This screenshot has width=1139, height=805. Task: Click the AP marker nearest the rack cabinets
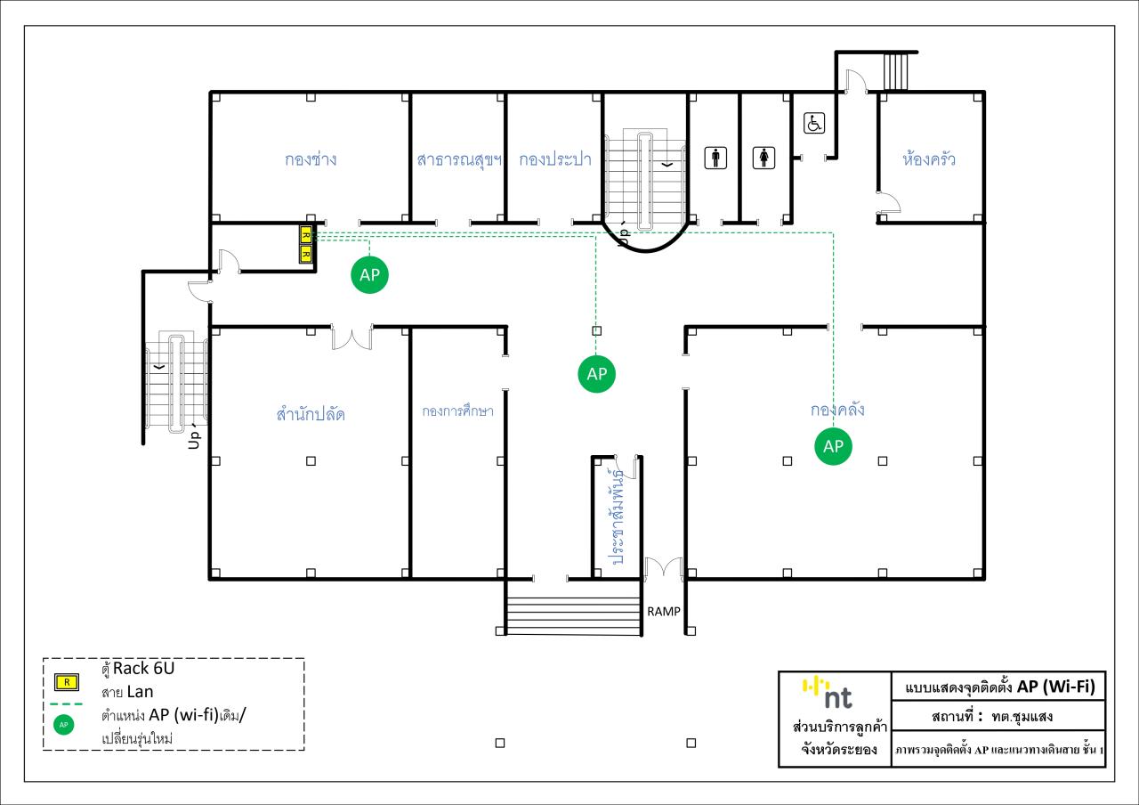tap(369, 275)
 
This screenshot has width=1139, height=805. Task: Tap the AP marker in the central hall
tap(596, 374)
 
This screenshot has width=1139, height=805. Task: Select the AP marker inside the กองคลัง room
tap(833, 446)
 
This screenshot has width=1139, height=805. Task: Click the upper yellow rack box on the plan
tap(305, 236)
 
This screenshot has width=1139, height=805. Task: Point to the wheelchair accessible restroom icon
tap(814, 123)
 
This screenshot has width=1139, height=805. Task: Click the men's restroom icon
tap(715, 158)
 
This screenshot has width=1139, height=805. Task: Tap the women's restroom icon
tap(763, 158)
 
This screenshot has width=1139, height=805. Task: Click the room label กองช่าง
tap(311, 159)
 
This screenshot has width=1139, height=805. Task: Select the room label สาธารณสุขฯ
tap(459, 159)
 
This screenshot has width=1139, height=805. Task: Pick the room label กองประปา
tap(555, 159)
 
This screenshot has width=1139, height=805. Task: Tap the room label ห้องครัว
tap(928, 159)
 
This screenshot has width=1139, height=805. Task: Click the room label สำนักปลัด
tap(311, 413)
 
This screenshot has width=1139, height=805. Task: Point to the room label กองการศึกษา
tap(457, 411)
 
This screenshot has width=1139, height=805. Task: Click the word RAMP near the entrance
tap(664, 612)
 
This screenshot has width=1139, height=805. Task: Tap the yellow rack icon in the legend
tap(67, 682)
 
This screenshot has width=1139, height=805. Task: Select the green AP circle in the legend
tap(63, 725)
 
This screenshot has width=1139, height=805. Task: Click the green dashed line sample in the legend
tap(67, 704)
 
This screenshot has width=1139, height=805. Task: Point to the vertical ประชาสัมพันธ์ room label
tap(618, 517)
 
